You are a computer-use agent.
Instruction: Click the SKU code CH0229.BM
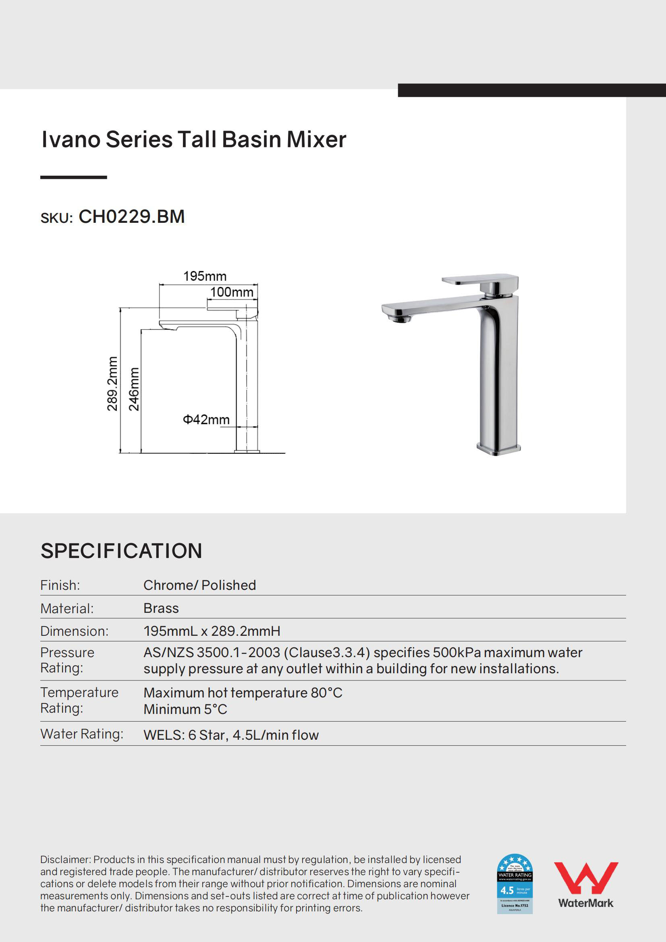131,217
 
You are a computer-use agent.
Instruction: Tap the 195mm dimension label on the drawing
204,276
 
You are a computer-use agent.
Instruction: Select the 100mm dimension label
231,292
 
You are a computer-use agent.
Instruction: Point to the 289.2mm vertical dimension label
112,383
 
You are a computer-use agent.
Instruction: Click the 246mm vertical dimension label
134,388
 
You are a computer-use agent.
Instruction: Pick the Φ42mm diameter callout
206,419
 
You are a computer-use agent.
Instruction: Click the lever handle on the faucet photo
479,280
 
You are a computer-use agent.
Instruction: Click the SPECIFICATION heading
121,551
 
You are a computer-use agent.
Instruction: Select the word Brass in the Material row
161,608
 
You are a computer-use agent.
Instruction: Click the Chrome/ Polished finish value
199,585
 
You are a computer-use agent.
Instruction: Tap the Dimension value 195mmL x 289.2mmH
212,631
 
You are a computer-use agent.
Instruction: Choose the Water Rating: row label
82,734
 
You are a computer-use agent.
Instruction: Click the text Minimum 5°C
185,709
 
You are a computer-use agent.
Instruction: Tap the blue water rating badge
515,883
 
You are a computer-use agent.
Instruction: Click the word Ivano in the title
71,139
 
